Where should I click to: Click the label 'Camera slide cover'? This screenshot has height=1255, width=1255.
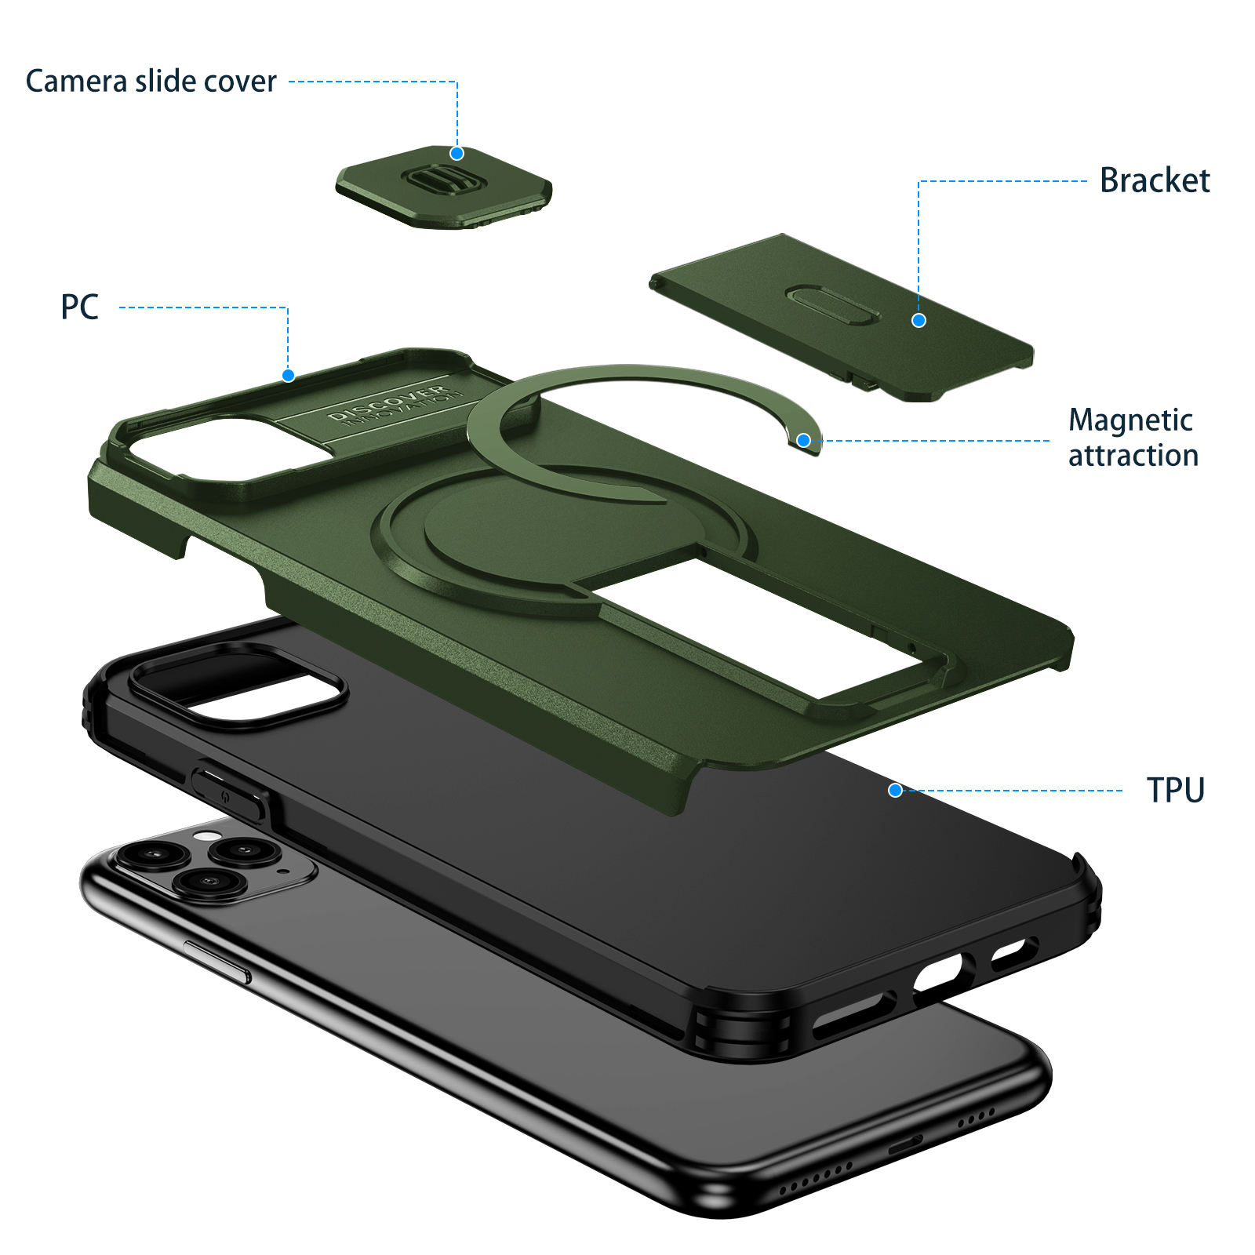(151, 82)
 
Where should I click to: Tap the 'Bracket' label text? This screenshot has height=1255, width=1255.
(1155, 180)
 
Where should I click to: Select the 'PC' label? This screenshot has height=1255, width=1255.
(80, 307)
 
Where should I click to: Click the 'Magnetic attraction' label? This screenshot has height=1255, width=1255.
(1133, 438)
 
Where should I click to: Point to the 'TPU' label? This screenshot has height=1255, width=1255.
(1175, 790)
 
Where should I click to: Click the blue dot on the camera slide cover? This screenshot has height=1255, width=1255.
(457, 153)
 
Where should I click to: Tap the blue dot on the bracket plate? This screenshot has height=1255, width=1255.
(919, 320)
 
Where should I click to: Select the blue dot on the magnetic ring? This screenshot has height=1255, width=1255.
(803, 440)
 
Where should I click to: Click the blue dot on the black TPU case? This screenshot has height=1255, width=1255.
(895, 790)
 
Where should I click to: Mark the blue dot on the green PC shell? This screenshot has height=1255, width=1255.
(288, 375)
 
